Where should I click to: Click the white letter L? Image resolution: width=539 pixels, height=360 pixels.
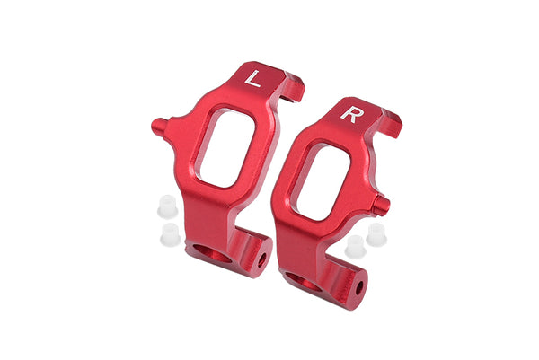click(x=253, y=80)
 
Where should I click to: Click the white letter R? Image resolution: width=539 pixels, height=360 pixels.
click(x=349, y=115)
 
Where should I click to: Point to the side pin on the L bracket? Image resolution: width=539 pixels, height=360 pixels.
click(x=159, y=124)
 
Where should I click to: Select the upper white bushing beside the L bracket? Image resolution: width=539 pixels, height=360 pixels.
click(x=163, y=205)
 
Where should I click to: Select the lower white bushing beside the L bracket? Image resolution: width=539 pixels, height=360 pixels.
click(x=167, y=235)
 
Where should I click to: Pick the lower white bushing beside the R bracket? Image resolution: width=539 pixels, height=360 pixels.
click(x=354, y=243)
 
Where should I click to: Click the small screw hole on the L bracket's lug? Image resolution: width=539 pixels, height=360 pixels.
click(x=263, y=259)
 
